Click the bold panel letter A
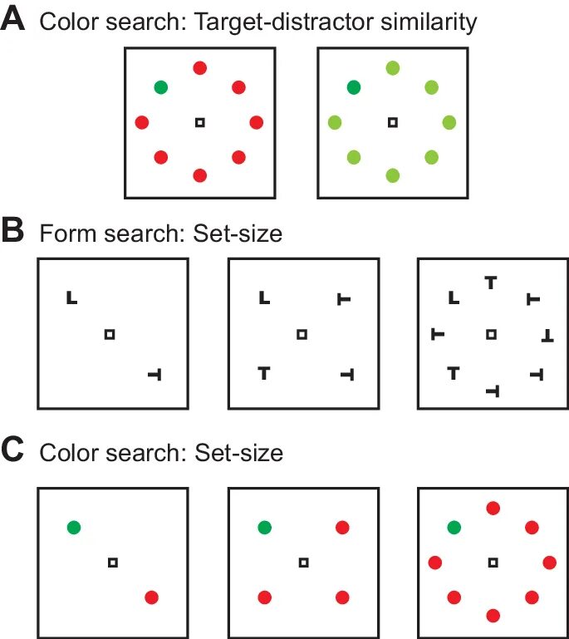pyautogui.click(x=14, y=20)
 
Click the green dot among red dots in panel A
pyautogui.click(x=160, y=86)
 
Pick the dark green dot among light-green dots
pyautogui.click(x=354, y=86)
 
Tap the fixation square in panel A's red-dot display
pyautogui.click(x=199, y=123)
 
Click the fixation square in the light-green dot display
pyautogui.click(x=393, y=123)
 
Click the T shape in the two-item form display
pyautogui.click(x=153, y=376)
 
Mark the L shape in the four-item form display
pyautogui.click(x=263, y=297)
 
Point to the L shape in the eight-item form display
pyautogui.click(x=453, y=297)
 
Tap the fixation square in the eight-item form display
pyautogui.click(x=492, y=334)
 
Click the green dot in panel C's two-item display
pyautogui.click(x=74, y=527)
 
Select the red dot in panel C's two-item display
pyautogui.click(x=152, y=597)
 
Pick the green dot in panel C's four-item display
pyautogui.click(x=264, y=527)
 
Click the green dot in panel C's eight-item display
pyautogui.click(x=454, y=527)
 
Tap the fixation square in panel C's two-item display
pyautogui.click(x=113, y=563)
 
